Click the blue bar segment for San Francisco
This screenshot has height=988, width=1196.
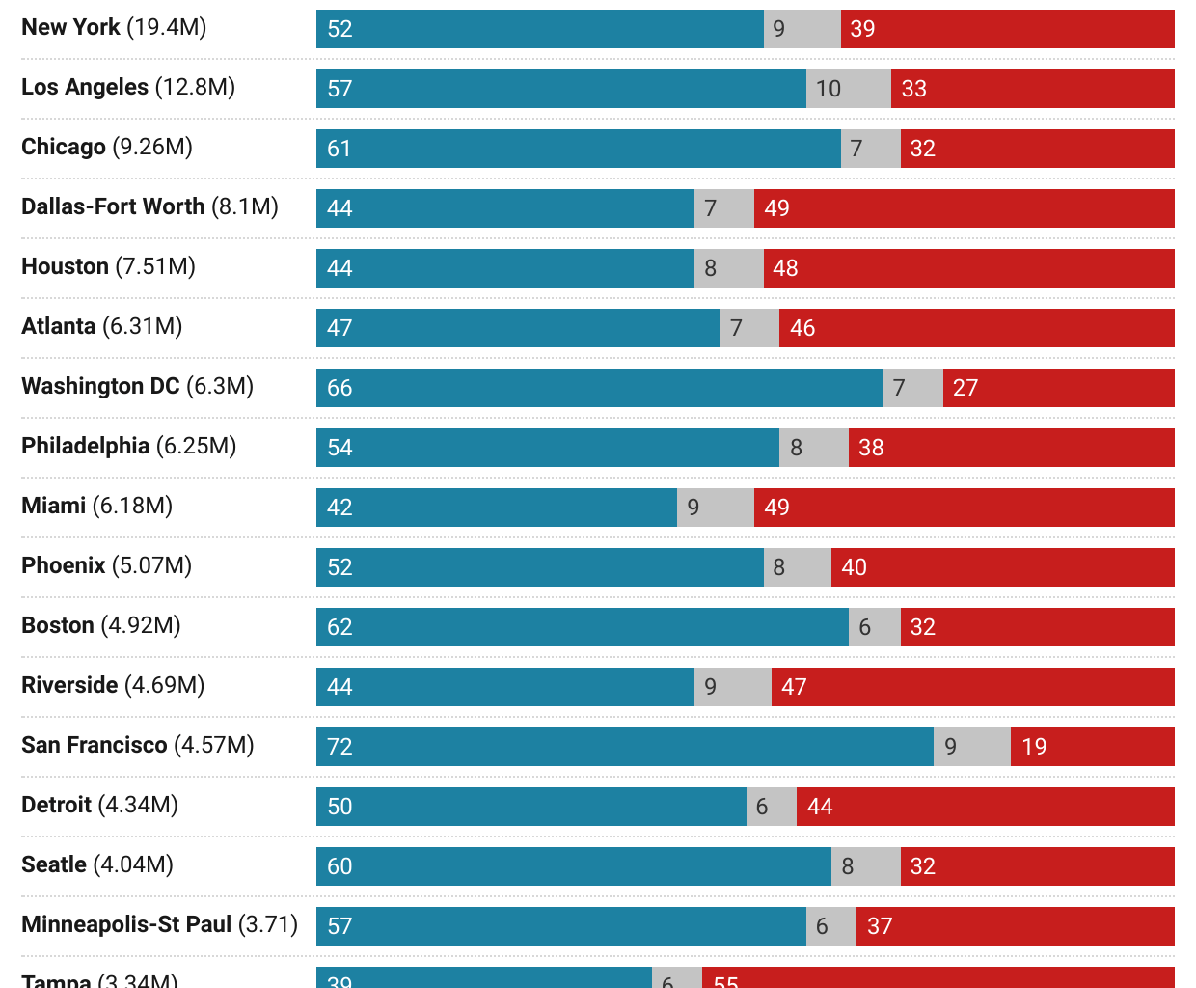point(624,747)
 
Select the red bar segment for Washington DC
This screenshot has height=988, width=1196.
point(1058,388)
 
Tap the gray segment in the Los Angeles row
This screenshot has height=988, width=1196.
point(849,89)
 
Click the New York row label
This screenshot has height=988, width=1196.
point(114,27)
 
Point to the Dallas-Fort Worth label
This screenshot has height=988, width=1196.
point(149,206)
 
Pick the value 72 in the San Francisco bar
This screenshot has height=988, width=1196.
point(340,747)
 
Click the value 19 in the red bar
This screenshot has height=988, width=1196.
point(1034,747)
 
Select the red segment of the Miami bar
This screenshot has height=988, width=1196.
point(964,508)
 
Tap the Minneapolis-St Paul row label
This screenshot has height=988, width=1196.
point(159,924)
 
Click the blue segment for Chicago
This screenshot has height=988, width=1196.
point(578,149)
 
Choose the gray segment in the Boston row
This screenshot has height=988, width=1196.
point(874,627)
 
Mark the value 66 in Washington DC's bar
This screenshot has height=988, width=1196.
point(340,388)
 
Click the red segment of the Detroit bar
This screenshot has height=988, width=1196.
point(985,807)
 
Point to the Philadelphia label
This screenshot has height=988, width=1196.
point(128,446)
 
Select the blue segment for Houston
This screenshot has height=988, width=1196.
point(504,268)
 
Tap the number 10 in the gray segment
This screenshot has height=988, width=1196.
point(828,89)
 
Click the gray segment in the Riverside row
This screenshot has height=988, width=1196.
point(732,687)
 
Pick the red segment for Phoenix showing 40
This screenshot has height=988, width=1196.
point(1002,567)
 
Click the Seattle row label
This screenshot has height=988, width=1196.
point(97,864)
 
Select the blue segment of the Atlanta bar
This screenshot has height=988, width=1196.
point(517,328)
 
